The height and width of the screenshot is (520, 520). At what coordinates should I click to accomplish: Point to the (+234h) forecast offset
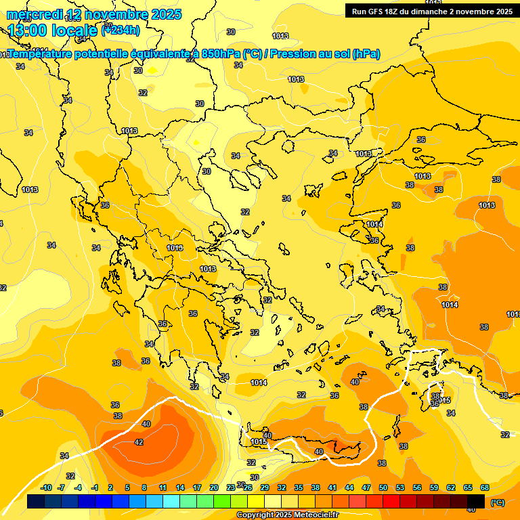(121, 30)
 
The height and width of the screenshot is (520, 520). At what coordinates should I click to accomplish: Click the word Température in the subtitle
(46, 54)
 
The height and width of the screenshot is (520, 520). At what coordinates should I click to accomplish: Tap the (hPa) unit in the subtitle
(366, 54)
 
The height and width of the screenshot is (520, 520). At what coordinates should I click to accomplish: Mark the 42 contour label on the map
(139, 442)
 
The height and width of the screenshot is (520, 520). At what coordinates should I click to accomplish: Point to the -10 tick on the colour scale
(46, 487)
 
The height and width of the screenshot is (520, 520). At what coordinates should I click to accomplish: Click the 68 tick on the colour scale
(485, 487)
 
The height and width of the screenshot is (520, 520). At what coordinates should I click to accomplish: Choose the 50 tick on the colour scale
(383, 487)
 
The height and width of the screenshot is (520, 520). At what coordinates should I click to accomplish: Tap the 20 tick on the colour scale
(214, 487)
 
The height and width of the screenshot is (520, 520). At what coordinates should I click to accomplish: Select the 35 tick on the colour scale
(299, 487)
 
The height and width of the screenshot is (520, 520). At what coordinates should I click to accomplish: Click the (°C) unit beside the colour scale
(498, 502)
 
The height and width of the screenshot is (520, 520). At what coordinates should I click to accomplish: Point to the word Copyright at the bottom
(256, 515)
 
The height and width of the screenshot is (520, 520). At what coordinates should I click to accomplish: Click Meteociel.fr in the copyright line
(316, 515)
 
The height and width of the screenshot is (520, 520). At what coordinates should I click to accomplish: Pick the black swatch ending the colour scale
(475, 502)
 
